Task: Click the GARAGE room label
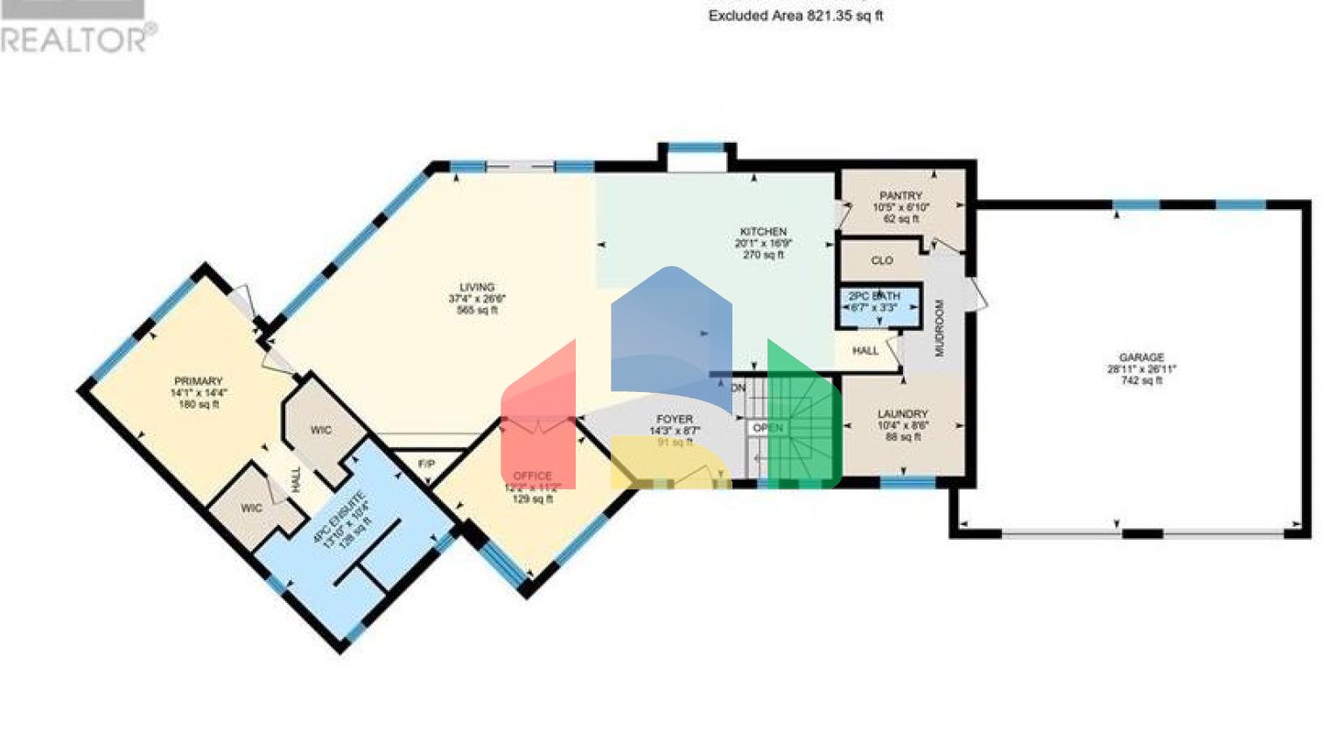click(1141, 357)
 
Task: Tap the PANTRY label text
click(900, 196)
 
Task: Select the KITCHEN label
click(763, 232)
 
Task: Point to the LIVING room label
click(477, 287)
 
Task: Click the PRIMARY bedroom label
click(199, 381)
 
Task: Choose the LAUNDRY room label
click(902, 414)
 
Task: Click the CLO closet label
click(882, 261)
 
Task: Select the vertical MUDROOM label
click(940, 328)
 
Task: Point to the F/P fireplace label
click(426, 463)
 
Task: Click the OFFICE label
click(532, 477)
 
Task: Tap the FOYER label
click(674, 420)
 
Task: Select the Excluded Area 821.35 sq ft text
click(795, 16)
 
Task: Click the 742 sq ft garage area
click(1141, 381)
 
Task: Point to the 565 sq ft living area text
click(477, 310)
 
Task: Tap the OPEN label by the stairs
click(768, 428)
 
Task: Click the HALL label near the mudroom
click(865, 351)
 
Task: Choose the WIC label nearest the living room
click(321, 430)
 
